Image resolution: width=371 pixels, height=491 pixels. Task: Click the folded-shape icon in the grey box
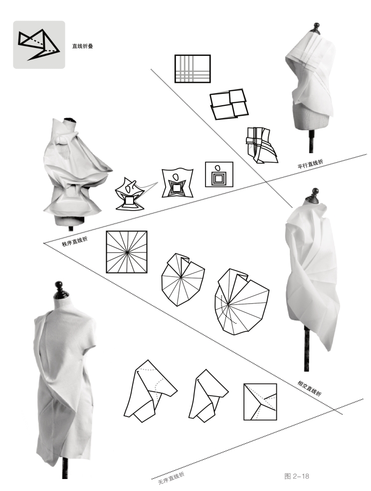click(38, 44)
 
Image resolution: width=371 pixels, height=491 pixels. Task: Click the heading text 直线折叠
click(83, 46)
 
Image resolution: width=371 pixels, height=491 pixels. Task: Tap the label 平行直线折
click(310, 164)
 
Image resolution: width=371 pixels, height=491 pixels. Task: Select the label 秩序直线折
click(75, 242)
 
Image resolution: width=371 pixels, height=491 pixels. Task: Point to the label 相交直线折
click(309, 388)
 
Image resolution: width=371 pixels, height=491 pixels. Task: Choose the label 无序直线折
click(171, 478)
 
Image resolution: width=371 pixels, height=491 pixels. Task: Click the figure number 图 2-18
click(297, 477)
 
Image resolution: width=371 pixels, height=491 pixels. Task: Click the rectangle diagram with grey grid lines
click(192, 68)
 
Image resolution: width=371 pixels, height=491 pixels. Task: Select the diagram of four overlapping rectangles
click(229, 104)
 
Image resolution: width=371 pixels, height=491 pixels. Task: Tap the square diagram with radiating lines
click(127, 252)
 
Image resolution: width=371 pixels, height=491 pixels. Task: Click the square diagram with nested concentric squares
click(219, 175)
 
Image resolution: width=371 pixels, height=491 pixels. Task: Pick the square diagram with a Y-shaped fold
click(260, 402)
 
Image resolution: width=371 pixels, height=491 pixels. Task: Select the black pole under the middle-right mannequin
click(307, 347)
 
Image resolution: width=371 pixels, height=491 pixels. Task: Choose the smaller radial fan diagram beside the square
click(183, 279)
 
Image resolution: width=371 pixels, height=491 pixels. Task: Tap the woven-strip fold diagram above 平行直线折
click(261, 145)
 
